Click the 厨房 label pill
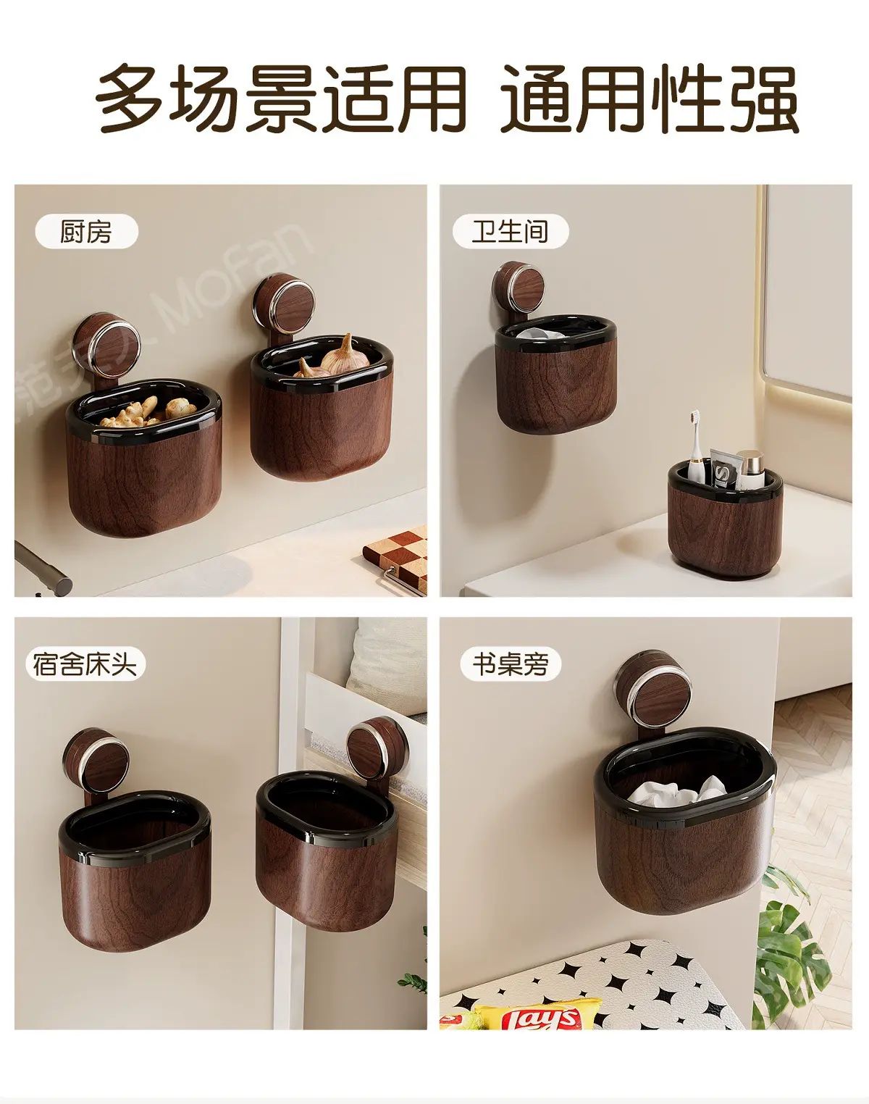click(x=86, y=233)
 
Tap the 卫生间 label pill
click(x=510, y=231)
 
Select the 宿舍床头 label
click(x=85, y=665)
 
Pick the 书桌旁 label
click(x=511, y=664)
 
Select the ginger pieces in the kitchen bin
click(x=148, y=411)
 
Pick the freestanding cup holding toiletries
click(x=726, y=518)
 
